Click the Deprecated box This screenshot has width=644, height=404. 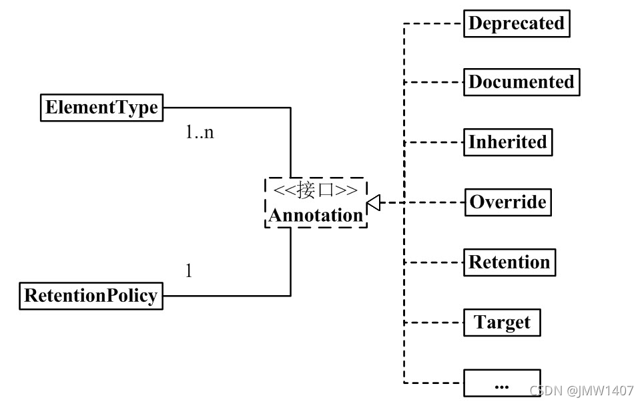click(x=517, y=23)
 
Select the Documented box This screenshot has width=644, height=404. click(x=521, y=82)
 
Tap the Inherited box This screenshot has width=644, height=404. click(x=507, y=142)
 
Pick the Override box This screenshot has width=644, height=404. click(x=508, y=202)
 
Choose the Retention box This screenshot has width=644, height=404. click(x=509, y=262)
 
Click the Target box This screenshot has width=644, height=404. click(x=502, y=322)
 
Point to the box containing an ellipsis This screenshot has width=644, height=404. click(x=502, y=383)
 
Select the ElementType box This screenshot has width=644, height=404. click(x=101, y=107)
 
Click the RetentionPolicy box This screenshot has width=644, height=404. click(x=90, y=295)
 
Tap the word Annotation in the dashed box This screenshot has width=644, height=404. click(x=316, y=215)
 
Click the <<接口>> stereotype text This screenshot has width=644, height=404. click(x=316, y=190)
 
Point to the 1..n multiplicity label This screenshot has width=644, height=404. click(x=200, y=132)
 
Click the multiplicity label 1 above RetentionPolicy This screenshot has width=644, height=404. click(x=189, y=272)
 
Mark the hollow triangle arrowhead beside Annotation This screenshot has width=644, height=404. click(x=374, y=203)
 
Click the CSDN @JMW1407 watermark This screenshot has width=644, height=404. click(x=581, y=390)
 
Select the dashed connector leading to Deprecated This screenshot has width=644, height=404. click(x=434, y=23)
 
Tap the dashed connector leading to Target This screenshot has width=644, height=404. click(x=434, y=323)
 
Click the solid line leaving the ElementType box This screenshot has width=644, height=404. click(x=227, y=107)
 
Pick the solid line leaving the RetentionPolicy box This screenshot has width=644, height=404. click(x=227, y=295)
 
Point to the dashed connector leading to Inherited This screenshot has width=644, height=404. click(x=434, y=142)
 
